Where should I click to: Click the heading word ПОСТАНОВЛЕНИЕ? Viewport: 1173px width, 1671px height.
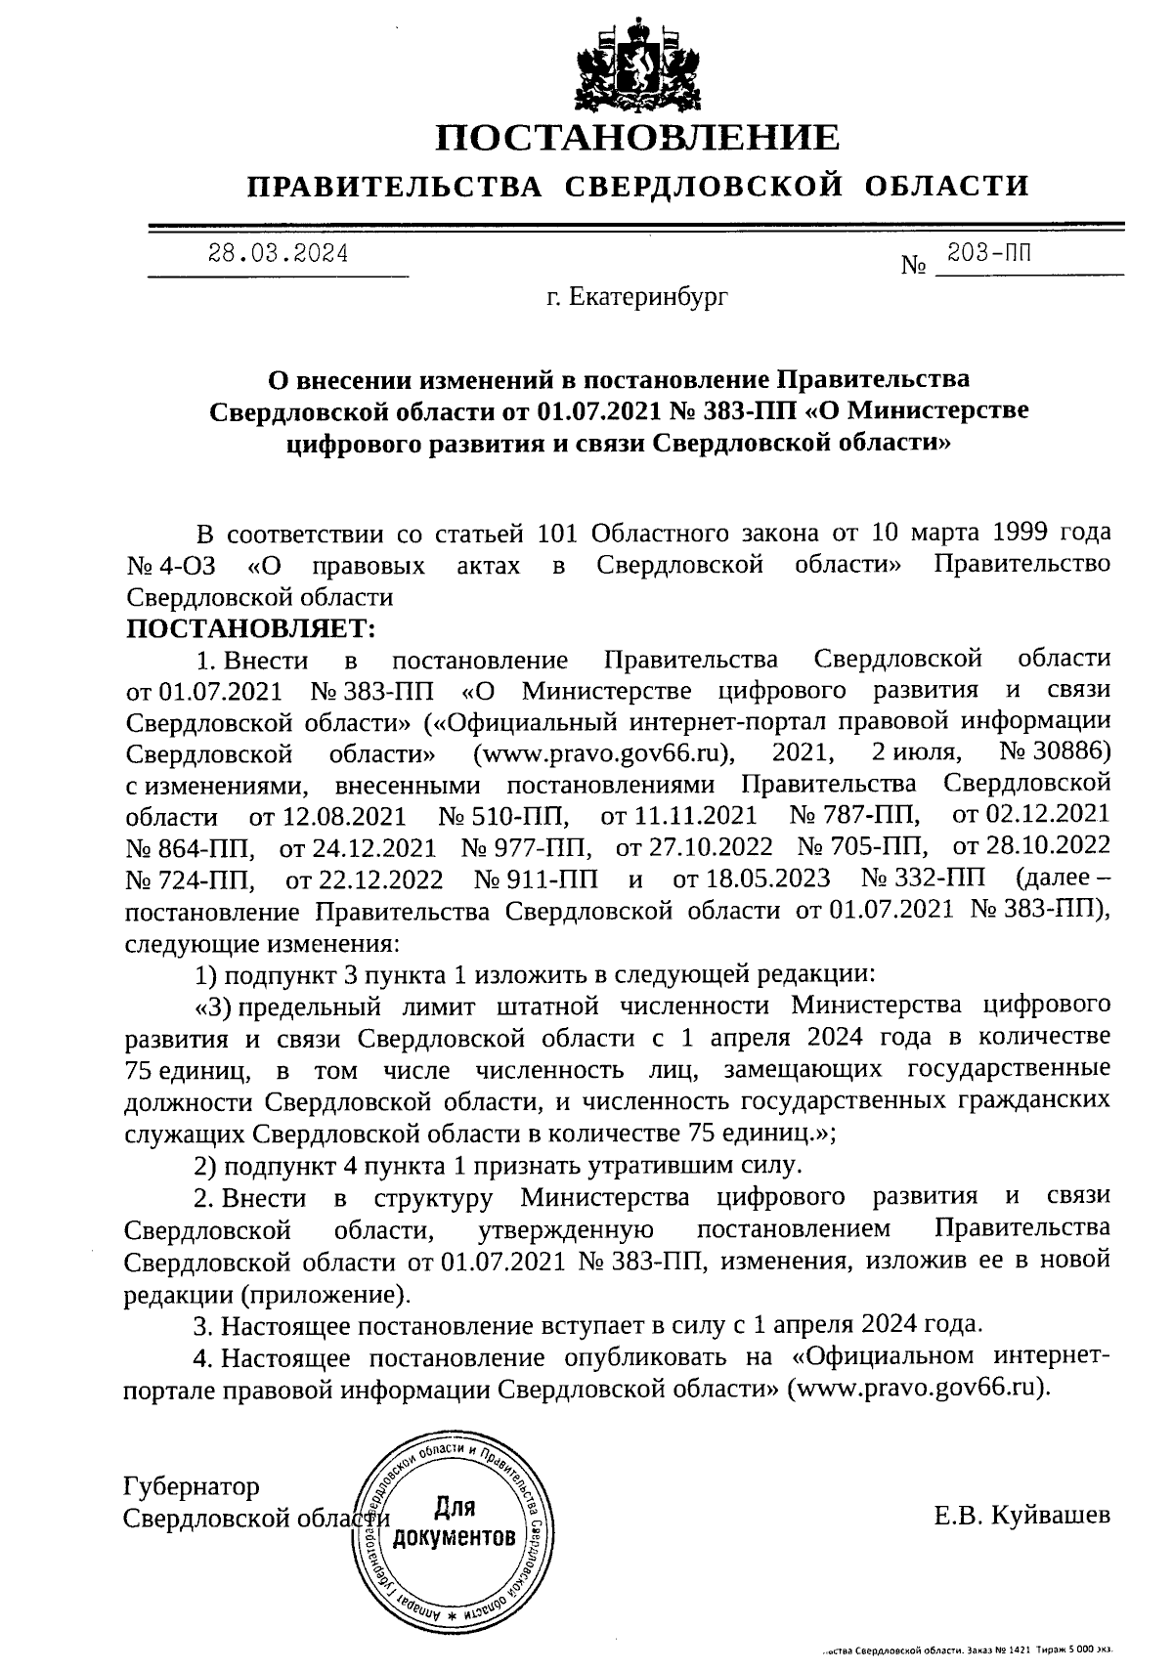click(636, 138)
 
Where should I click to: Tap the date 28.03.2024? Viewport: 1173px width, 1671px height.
click(279, 254)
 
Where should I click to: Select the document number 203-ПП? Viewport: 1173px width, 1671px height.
click(988, 255)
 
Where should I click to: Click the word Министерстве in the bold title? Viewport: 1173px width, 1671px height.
click(944, 410)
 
